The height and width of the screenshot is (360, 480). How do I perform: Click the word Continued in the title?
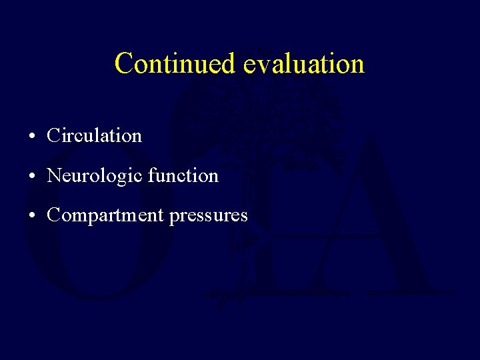175,63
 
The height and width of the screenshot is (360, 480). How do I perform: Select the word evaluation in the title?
303,63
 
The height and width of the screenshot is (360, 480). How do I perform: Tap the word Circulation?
94,136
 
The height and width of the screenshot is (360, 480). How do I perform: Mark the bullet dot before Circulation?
32,137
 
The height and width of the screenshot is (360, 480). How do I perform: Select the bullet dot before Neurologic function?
32,177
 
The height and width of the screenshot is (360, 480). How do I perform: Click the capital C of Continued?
124,63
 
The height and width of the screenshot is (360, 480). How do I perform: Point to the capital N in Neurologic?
54,176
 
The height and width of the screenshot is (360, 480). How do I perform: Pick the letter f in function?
151,175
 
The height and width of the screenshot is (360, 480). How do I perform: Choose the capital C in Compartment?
54,215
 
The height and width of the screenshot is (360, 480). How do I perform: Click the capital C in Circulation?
54,136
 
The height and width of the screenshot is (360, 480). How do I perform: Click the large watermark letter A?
373,220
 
